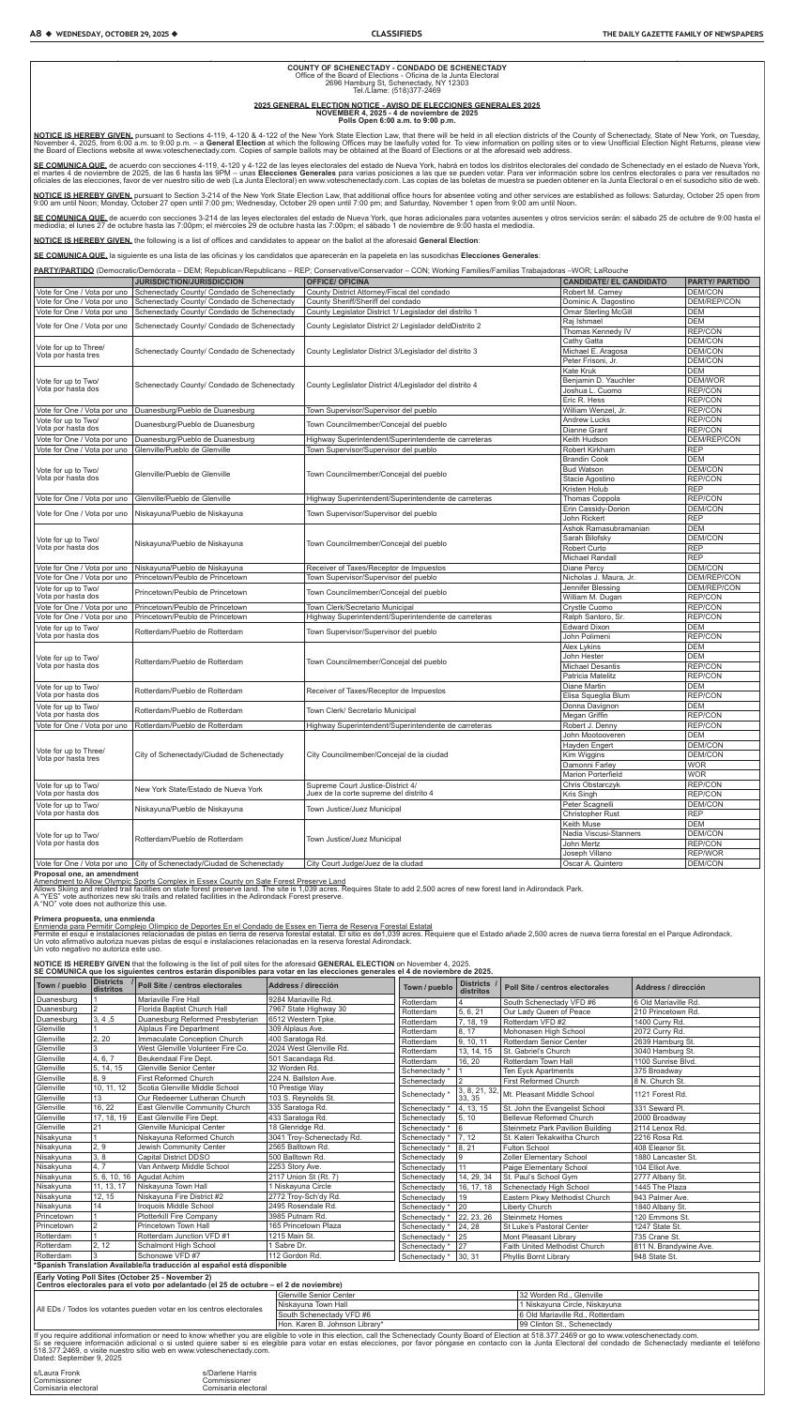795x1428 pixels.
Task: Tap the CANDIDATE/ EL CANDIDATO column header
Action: coord(607,281)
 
